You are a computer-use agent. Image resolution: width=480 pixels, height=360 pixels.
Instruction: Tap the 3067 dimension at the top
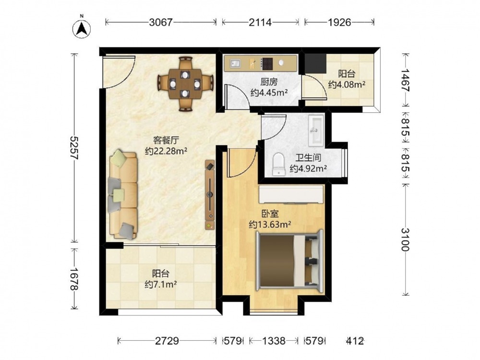tap(161, 22)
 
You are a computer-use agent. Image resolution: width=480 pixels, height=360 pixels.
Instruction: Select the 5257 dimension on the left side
tap(74, 148)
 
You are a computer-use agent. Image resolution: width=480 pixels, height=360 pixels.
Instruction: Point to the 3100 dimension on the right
tap(406, 240)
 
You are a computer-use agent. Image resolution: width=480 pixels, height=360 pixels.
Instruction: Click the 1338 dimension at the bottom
tap(274, 341)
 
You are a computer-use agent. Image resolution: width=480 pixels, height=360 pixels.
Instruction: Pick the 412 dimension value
tap(355, 341)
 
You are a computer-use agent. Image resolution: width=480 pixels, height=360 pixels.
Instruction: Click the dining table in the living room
tap(185, 84)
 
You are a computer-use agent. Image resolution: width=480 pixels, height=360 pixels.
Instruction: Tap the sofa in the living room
tap(123, 194)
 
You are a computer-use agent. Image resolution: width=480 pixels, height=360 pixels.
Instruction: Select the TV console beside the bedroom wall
tap(210, 195)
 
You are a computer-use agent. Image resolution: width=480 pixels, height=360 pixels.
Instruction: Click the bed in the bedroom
tap(289, 261)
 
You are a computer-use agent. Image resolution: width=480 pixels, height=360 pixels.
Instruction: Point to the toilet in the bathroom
tap(278, 165)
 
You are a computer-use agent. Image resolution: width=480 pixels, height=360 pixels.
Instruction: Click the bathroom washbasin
tap(316, 130)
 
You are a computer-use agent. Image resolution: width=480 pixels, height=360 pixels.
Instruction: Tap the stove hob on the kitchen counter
tap(266, 64)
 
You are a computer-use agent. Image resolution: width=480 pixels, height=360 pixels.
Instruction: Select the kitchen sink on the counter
tap(236, 64)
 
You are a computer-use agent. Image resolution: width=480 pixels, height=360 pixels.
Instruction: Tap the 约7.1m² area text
tap(161, 284)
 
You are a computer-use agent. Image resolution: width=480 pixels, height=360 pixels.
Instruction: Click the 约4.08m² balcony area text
tap(347, 84)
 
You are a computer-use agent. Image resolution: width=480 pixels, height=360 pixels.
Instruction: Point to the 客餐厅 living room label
tap(166, 140)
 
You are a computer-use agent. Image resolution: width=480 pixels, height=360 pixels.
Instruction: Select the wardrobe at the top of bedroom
tap(291, 194)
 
